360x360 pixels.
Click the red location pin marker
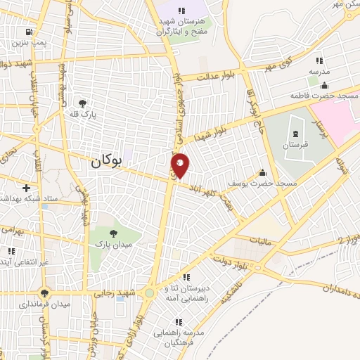tap(181, 165)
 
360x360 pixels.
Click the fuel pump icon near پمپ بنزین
tap(28, 32)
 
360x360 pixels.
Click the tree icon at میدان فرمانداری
tap(46, 293)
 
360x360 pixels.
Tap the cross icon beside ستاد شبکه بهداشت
tap(26, 188)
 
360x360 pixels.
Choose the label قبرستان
tap(295, 144)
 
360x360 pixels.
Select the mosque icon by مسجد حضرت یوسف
tap(263, 172)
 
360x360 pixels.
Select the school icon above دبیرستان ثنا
tap(186, 277)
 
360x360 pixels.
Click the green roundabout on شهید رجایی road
tap(150, 293)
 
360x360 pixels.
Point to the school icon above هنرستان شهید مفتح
tap(181, 11)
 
